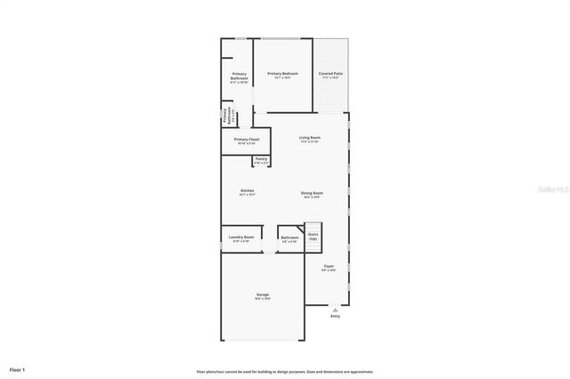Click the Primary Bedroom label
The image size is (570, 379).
[281, 73]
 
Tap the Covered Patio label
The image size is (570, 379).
[331, 73]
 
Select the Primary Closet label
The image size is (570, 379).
[247, 140]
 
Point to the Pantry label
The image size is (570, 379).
[261, 159]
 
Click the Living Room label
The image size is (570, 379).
[309, 138]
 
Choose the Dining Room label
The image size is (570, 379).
[312, 193]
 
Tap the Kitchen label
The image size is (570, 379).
[248, 191]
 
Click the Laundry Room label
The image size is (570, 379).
[241, 238]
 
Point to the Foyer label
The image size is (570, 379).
[329, 266]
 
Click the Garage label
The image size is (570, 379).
[263, 294]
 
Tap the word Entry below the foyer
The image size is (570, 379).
[335, 316]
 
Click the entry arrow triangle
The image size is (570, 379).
[335, 309]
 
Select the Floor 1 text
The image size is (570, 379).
[18, 368]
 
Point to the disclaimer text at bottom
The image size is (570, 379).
[284, 372]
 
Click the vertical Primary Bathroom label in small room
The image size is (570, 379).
[228, 116]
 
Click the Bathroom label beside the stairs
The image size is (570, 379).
[289, 238]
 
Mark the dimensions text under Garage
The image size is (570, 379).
[263, 299]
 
